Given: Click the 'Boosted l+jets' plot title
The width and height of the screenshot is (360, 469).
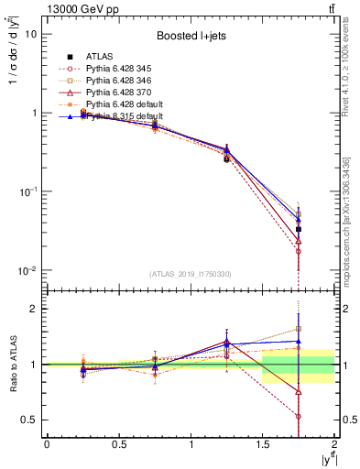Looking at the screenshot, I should (x=190, y=36).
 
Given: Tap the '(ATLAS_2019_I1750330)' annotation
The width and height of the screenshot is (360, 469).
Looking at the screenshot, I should (x=190, y=273).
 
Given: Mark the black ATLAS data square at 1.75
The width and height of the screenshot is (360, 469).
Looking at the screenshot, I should (x=298, y=229).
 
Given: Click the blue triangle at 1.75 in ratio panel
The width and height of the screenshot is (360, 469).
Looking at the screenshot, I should (x=298, y=341).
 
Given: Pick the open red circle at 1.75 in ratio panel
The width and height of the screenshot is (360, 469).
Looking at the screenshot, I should (x=298, y=416).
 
